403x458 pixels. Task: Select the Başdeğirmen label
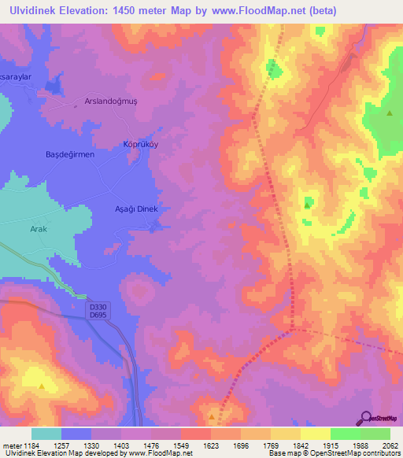pyautogui.click(x=70, y=154)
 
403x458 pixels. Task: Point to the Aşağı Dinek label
pyautogui.click(x=137, y=209)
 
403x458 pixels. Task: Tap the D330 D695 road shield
pyautogui.click(x=98, y=311)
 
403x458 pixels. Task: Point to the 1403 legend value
pyautogui.click(x=122, y=445)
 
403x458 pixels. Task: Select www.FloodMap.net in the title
pyautogui.click(x=250, y=10)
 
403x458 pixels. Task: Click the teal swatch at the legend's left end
pyautogui.click(x=46, y=434)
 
